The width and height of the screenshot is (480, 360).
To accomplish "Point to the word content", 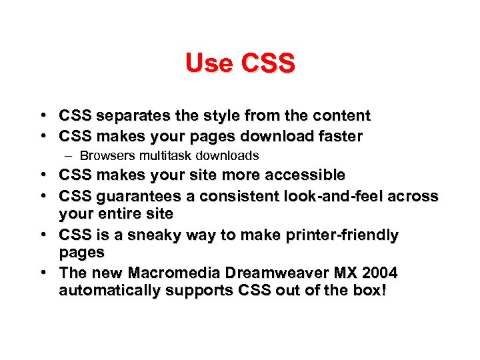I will click(x=341, y=116).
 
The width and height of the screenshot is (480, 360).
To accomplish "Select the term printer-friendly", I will click(x=343, y=235).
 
